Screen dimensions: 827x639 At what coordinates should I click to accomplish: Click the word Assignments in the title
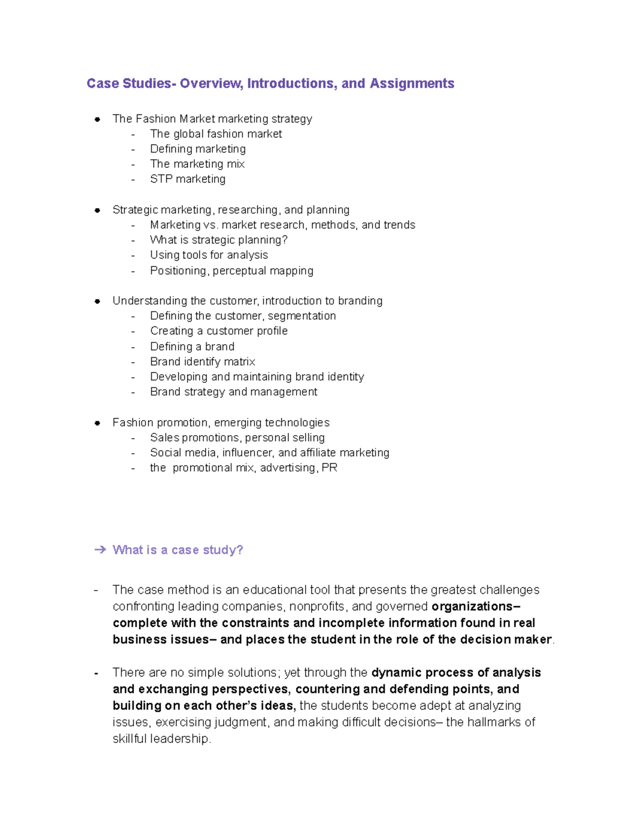pyautogui.click(x=412, y=84)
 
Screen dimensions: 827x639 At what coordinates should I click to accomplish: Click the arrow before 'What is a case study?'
pyautogui.click(x=100, y=550)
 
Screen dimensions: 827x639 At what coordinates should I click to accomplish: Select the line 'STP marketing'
pyautogui.click(x=187, y=179)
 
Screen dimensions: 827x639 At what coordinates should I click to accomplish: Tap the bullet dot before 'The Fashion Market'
pyautogui.click(x=97, y=119)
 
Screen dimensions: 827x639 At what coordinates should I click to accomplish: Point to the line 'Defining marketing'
pyautogui.click(x=198, y=149)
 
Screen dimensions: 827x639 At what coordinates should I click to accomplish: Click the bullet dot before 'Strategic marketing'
pyautogui.click(x=97, y=210)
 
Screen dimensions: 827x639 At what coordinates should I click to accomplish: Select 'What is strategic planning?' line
pyautogui.click(x=218, y=240)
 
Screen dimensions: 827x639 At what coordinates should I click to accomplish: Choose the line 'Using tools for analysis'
pyautogui.click(x=209, y=255)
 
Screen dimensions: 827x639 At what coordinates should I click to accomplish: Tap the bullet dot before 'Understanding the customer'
pyautogui.click(x=97, y=301)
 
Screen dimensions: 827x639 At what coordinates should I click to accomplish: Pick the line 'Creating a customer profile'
pyautogui.click(x=218, y=331)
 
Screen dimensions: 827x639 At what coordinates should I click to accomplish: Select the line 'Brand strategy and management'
pyautogui.click(x=233, y=392)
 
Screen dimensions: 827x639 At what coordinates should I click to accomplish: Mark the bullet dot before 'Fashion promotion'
pyautogui.click(x=97, y=423)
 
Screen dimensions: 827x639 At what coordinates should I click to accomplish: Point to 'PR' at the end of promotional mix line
pyautogui.click(x=330, y=468)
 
